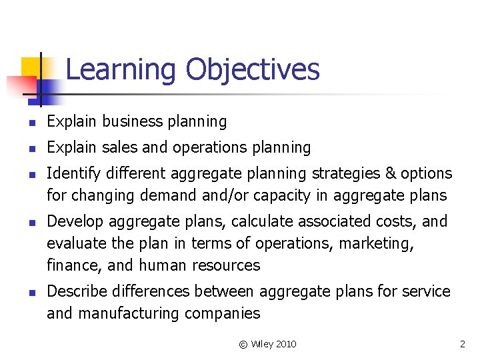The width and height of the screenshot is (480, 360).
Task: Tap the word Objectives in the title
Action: click(253, 70)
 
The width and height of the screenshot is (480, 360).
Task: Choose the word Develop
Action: click(73, 221)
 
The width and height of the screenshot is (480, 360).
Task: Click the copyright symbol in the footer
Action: click(243, 344)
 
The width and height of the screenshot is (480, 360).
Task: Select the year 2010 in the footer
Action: click(285, 344)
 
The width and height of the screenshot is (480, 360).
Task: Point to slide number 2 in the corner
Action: click(462, 344)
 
